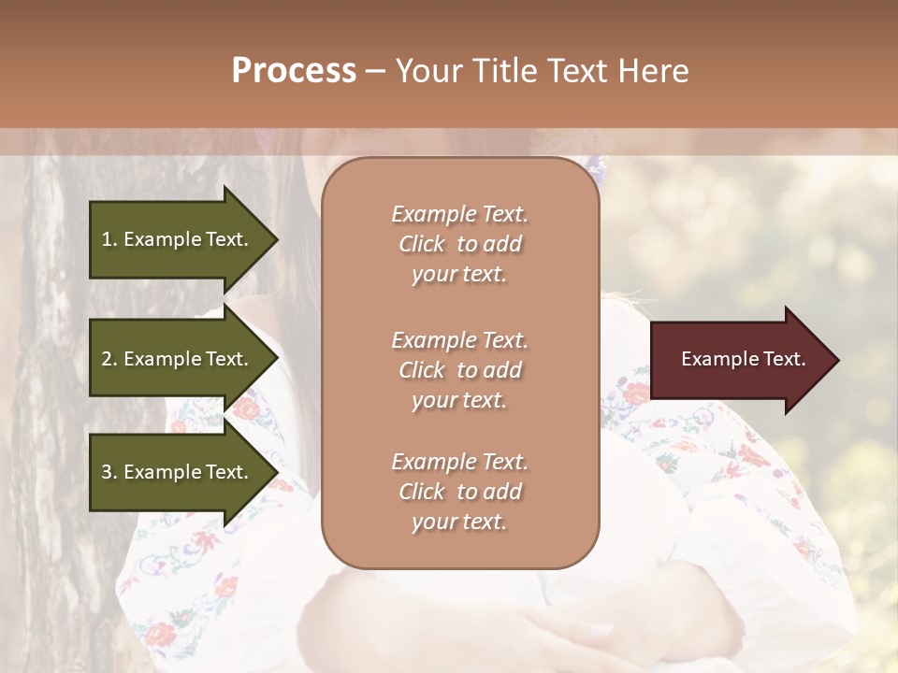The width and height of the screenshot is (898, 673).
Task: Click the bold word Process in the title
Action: (x=294, y=71)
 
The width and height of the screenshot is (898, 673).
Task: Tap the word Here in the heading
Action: (x=653, y=71)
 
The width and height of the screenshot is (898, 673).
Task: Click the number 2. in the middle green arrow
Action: (x=109, y=359)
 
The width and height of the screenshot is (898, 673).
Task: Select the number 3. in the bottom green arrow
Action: (x=109, y=472)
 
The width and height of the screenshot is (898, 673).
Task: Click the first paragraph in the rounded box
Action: (x=459, y=244)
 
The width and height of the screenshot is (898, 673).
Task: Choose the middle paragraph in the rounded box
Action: (x=459, y=369)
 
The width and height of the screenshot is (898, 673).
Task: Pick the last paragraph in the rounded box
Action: (x=459, y=492)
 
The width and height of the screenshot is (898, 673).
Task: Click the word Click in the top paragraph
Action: (x=422, y=244)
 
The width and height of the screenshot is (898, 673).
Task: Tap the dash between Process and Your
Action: (x=375, y=72)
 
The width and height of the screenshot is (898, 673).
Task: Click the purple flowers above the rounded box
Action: (x=596, y=168)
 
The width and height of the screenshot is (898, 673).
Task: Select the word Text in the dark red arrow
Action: (x=784, y=359)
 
